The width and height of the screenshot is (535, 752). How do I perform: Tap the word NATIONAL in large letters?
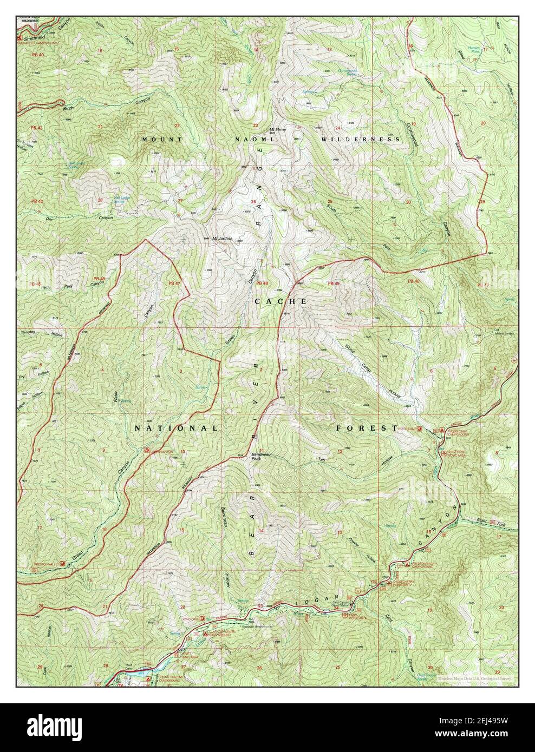click(x=176, y=428)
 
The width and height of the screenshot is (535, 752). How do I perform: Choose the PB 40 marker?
click(x=37, y=55)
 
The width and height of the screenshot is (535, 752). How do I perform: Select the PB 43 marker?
click(x=37, y=202)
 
